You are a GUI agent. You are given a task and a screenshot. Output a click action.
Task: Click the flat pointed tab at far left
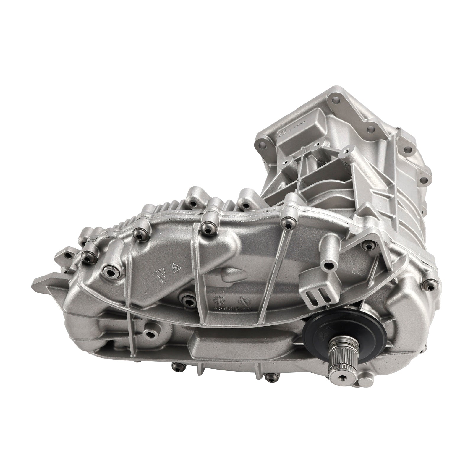tap(44, 280)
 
